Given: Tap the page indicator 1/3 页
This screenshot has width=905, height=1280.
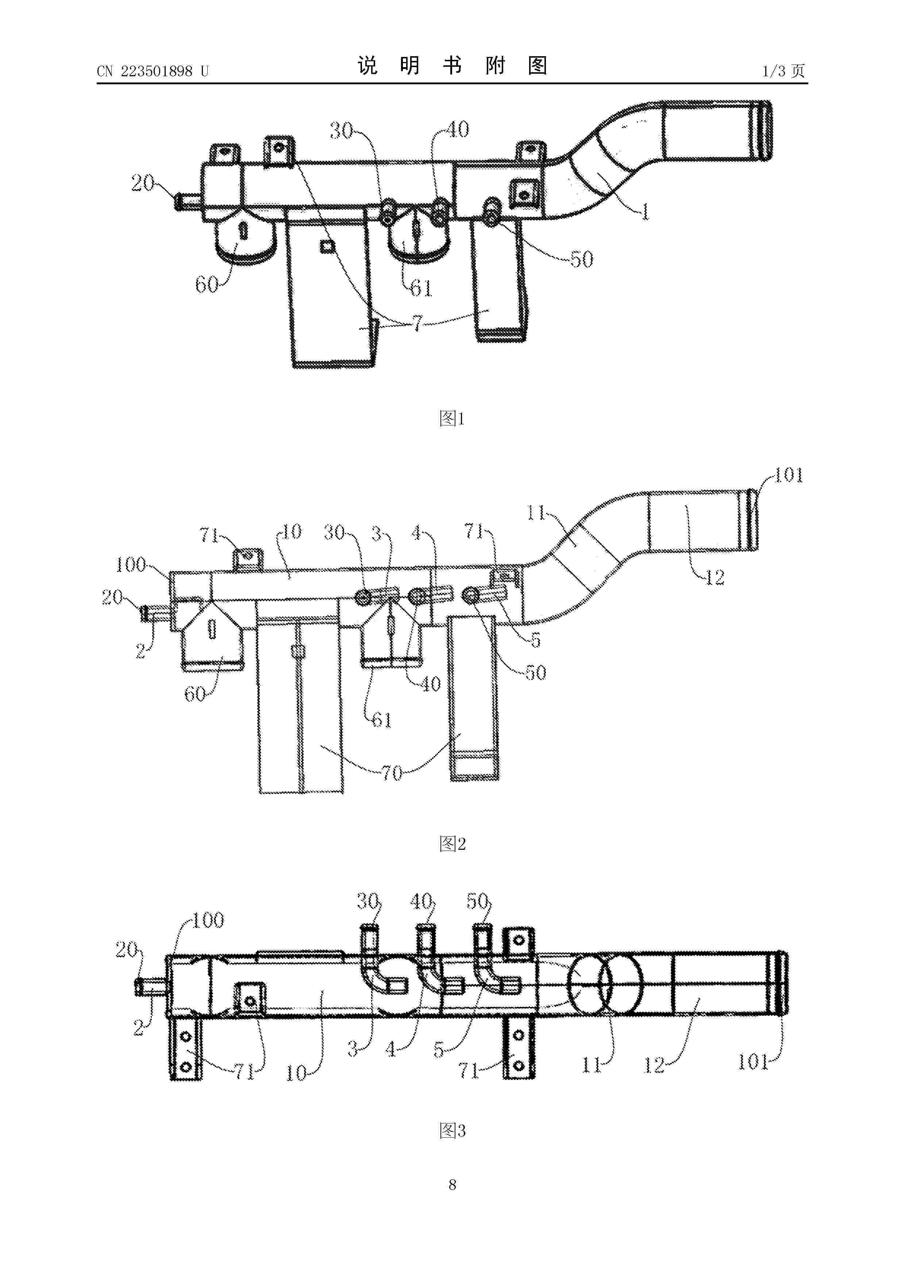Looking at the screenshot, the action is (x=783, y=71).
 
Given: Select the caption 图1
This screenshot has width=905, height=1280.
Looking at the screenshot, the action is (x=452, y=418).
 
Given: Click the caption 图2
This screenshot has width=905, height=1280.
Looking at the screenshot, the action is (x=452, y=844).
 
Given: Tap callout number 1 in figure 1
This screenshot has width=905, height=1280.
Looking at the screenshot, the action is (x=645, y=212).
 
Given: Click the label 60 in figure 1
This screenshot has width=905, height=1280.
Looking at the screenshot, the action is (x=206, y=285).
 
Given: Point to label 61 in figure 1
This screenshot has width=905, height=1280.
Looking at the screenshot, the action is (x=421, y=288).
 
